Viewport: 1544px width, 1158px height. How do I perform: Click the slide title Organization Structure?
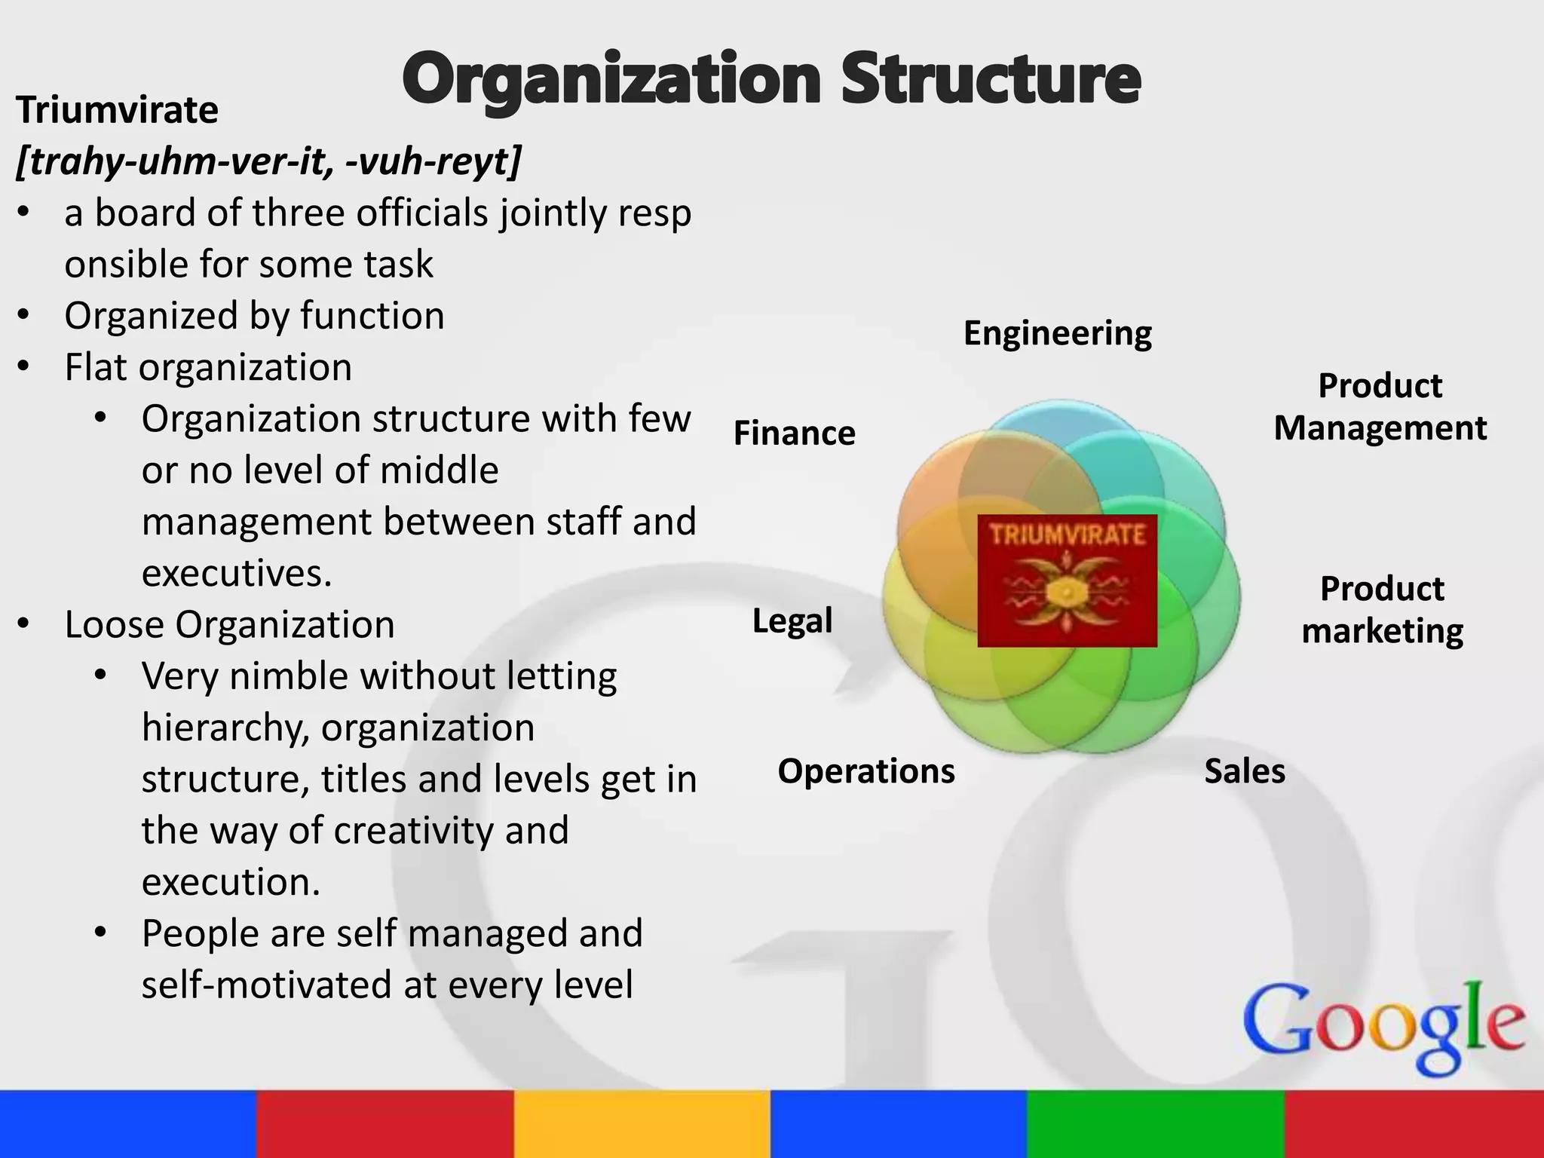(770, 80)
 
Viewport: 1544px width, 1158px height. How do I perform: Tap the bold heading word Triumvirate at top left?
(117, 110)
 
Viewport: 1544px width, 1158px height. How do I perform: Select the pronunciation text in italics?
(268, 161)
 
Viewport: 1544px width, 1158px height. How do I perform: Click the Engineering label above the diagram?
(1057, 333)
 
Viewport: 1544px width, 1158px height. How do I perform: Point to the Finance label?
(794, 433)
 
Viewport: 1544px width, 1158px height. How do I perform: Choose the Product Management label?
(1380, 407)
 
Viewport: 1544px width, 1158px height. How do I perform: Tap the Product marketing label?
(1382, 610)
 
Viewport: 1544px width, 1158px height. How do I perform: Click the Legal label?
(792, 621)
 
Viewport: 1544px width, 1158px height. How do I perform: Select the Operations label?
(865, 771)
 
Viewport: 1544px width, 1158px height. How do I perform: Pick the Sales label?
(1244, 771)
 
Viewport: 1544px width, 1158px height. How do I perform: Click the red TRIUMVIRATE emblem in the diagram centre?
(1067, 581)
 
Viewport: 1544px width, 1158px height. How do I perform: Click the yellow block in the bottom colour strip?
(642, 1123)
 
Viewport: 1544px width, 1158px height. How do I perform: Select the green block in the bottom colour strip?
(1155, 1123)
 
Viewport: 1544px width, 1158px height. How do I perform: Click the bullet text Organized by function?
(254, 316)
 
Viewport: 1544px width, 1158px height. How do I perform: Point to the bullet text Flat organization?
(208, 368)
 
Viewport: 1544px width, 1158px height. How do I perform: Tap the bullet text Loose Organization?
(229, 625)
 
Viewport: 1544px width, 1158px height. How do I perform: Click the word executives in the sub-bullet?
(237, 574)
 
